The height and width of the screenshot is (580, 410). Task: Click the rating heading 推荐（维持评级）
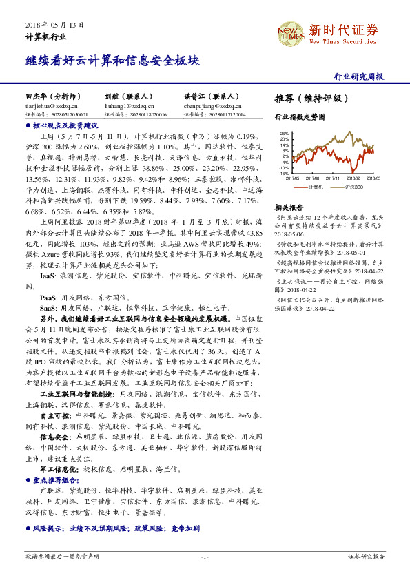[307, 98]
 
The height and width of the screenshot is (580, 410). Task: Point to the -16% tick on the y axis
[284, 173]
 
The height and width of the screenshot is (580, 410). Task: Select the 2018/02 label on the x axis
[353, 177]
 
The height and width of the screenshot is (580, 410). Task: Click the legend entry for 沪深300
[354, 186]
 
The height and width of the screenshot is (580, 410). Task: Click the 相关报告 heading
[289, 207]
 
